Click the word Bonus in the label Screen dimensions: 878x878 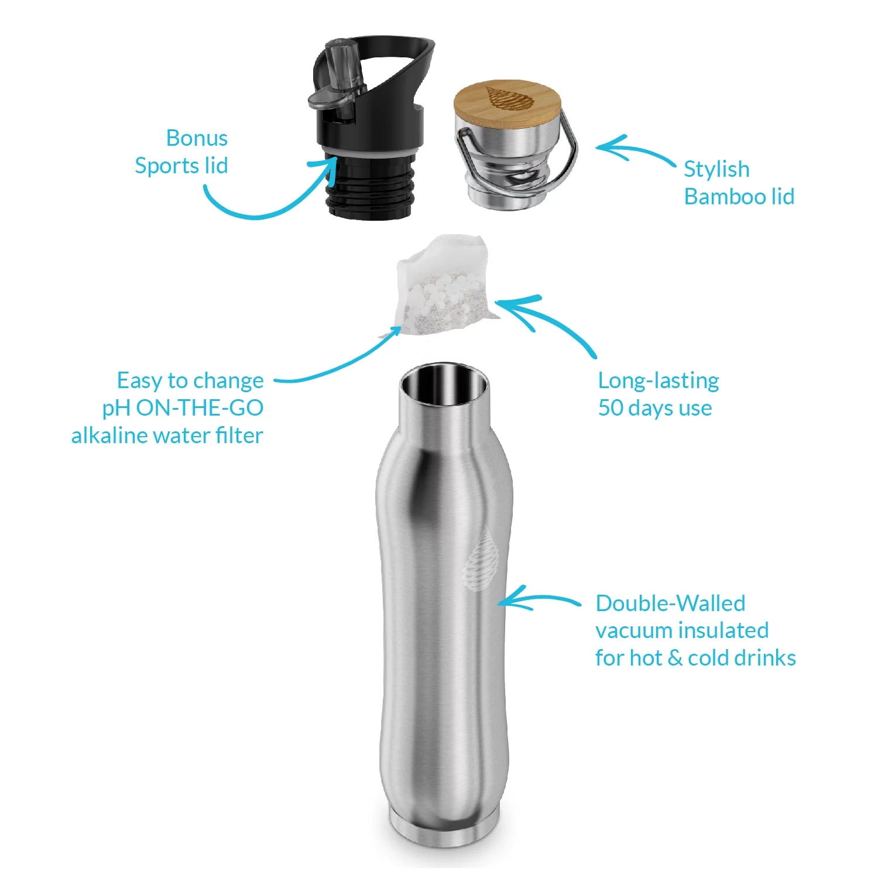(x=197, y=138)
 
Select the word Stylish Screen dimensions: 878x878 (x=716, y=169)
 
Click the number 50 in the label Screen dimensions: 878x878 (x=611, y=408)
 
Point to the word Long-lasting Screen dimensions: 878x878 (x=658, y=380)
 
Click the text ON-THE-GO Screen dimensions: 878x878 (x=200, y=408)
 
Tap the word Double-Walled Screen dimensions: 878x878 (x=670, y=603)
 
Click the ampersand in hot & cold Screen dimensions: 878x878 (x=675, y=658)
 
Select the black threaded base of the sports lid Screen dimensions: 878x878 (x=371, y=187)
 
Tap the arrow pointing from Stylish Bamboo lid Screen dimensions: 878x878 (x=632, y=149)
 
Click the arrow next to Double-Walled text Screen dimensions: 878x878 (x=539, y=599)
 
